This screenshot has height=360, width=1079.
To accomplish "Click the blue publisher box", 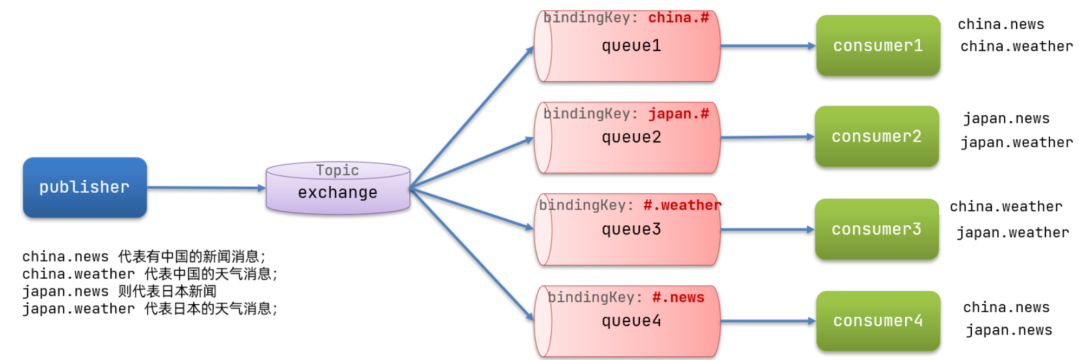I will [84, 187].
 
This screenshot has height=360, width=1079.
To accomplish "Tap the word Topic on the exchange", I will [337, 171].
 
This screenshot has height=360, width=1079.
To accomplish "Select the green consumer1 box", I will [878, 46].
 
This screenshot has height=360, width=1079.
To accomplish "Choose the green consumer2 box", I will [877, 136].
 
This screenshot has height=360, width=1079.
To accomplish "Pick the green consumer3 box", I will [877, 230].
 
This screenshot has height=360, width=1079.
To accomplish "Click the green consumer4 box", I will [878, 321].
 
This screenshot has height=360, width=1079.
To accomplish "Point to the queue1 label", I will [631, 46].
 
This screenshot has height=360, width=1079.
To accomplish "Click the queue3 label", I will [631, 230].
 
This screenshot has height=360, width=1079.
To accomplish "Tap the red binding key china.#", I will [678, 18].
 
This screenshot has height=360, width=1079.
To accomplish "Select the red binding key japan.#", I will [678, 114].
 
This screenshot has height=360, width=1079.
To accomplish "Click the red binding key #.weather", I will [682, 205].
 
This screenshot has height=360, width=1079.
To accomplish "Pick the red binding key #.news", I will [678, 297].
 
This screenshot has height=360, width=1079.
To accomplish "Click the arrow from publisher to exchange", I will [206, 188].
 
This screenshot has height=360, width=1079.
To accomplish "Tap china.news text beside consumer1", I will [1000, 24].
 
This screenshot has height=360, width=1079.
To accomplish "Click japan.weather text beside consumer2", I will [1016, 142].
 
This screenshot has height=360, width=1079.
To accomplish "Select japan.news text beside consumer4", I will [1009, 330].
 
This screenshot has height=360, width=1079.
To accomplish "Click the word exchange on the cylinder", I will [337, 193].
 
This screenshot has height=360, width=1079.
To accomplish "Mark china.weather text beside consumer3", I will [1005, 207].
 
